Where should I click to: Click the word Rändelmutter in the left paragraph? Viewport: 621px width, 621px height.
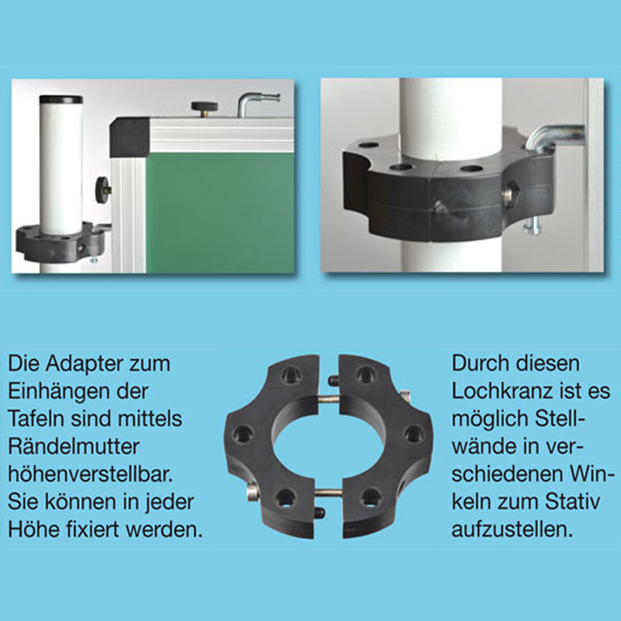pos(73,447)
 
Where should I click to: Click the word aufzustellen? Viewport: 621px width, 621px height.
pos(512,529)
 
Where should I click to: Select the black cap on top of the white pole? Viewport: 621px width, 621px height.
pos(61,99)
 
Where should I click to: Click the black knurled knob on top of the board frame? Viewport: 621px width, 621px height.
pos(204,107)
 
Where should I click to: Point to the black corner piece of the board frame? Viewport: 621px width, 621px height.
pos(129,137)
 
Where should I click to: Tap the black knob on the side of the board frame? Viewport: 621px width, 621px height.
pos(102,190)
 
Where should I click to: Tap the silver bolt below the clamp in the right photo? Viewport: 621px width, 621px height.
pos(532,226)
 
